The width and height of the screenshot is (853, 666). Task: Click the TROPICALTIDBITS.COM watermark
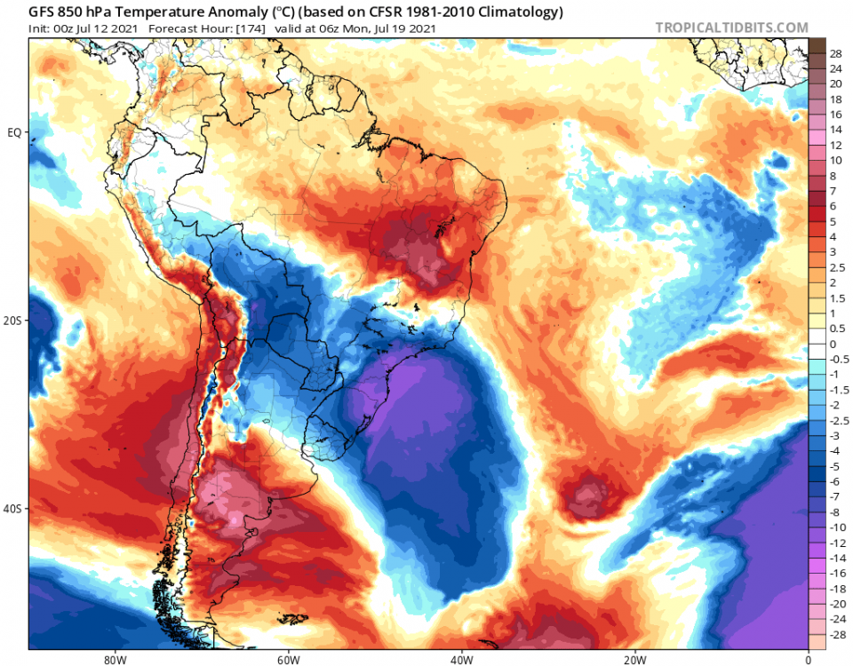731,28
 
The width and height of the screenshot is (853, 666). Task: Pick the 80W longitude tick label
112,660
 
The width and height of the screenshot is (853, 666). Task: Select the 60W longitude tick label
286,660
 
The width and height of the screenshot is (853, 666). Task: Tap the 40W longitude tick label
460,660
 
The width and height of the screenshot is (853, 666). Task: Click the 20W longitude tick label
634,660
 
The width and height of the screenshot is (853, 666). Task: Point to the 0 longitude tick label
808,660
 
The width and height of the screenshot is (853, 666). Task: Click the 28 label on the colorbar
836,53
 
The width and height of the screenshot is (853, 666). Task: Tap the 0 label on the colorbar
833,344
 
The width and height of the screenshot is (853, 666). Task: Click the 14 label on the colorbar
836,129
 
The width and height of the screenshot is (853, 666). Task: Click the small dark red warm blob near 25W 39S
586,493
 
